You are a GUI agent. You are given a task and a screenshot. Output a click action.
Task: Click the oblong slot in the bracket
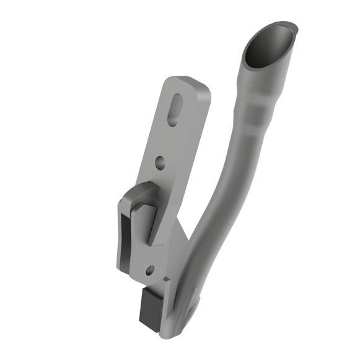coord(175,110)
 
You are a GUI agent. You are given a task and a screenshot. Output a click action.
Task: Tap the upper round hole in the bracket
coord(160,163)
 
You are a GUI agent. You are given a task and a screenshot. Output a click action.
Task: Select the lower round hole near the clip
coord(149,270)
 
